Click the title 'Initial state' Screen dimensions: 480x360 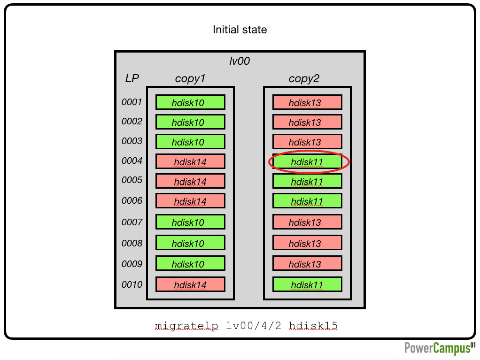click(240, 30)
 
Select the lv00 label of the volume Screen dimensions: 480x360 click(240, 61)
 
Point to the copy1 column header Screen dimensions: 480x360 click(190, 78)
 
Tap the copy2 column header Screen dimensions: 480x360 click(304, 78)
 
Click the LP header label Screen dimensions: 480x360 click(132, 78)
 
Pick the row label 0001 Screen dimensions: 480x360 click(132, 102)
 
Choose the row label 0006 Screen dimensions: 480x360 click(132, 200)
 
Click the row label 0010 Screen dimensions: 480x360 click(132, 284)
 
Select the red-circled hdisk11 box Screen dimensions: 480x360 click(307, 161)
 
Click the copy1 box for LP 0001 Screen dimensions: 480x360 click(190, 102)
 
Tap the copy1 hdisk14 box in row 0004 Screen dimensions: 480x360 click(190, 161)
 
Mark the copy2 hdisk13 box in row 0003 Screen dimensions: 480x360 click(307, 142)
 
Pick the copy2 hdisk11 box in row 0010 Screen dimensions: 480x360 click(307, 284)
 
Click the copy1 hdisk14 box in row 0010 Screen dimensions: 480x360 click(190, 284)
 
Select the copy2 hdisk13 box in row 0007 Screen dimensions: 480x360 click(307, 222)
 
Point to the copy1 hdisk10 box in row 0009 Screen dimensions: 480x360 click(190, 263)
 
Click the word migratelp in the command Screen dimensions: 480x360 click(186, 326)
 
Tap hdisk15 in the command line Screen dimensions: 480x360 click(313, 325)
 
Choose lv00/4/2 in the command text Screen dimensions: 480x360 click(254, 325)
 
